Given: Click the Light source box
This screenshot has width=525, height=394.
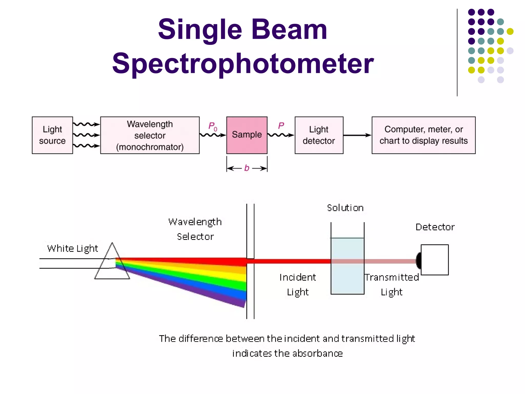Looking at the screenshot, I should coord(52,135).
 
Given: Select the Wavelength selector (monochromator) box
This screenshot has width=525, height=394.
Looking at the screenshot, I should coord(150,135).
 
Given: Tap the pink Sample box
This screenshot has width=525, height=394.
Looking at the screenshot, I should coord(247,135).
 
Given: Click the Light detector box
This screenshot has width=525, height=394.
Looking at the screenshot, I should coord(319,135).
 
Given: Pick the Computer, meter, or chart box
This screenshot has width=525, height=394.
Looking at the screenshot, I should coord(423,135).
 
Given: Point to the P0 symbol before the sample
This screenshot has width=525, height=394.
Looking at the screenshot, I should coord(213,126).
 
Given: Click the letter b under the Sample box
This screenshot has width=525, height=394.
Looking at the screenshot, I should coord(247,168).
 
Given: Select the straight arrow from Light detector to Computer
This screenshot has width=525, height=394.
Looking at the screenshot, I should coord(357,135).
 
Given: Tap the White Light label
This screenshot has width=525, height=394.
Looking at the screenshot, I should coord(73,248).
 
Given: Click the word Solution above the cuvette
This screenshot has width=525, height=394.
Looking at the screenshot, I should coord(345,208).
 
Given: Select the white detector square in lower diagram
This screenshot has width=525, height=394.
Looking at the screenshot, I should coord(435,260).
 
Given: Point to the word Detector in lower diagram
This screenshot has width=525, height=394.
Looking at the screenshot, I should coord(435,227).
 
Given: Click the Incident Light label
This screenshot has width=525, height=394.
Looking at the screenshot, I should coord(298,284).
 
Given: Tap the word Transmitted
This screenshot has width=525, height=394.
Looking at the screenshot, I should coord(391,277).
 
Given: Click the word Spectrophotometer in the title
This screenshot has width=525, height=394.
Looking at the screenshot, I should coord(243,63).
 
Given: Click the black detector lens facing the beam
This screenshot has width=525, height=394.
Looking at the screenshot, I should coord(419,260).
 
